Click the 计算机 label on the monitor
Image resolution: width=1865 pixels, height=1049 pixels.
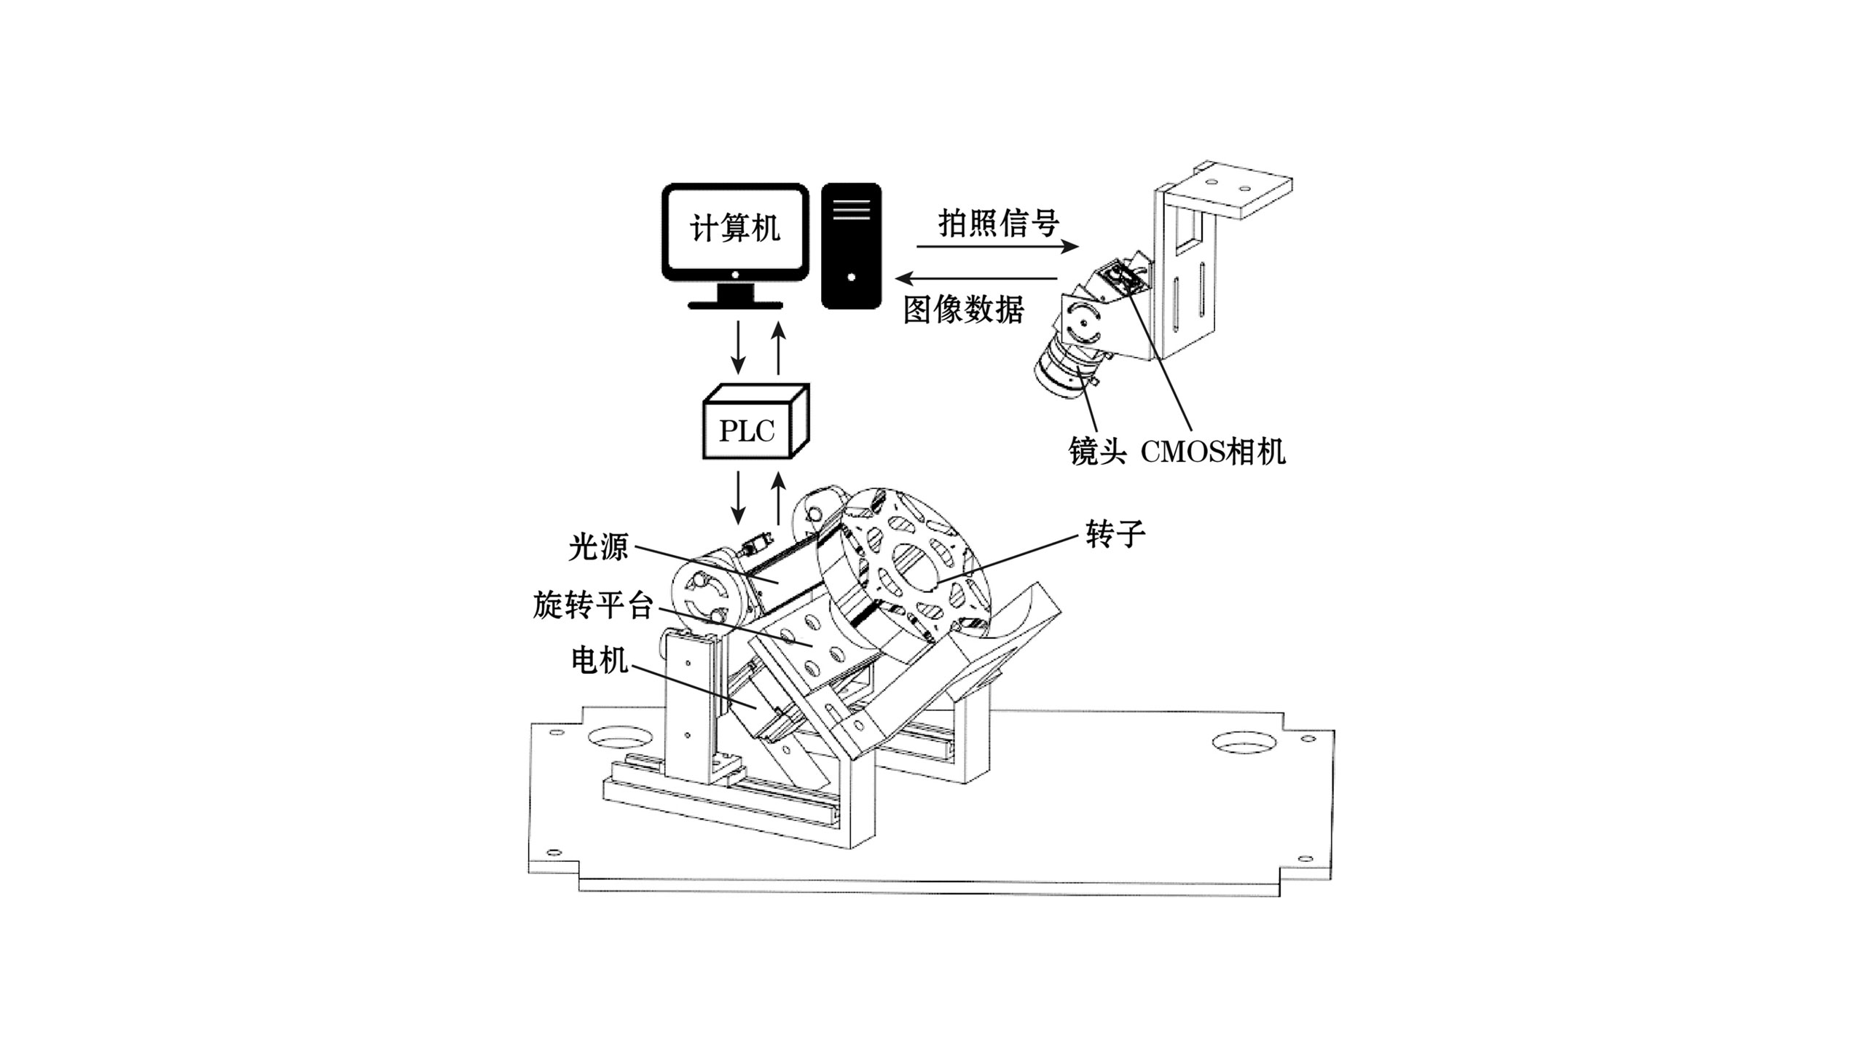tap(735, 229)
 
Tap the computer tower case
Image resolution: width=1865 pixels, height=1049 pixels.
tap(851, 246)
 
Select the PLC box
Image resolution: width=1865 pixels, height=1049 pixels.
tap(755, 420)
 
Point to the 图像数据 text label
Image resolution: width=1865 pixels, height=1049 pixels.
tap(964, 309)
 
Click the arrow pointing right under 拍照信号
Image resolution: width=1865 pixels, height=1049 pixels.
tap(997, 246)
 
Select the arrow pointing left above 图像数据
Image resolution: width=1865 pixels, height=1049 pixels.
tap(977, 278)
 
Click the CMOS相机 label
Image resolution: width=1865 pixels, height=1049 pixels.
tap(1213, 451)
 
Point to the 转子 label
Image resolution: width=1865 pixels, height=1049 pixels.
tap(1115, 534)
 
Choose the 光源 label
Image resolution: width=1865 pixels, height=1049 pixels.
tap(598, 546)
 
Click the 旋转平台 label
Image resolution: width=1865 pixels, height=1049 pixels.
tap(593, 605)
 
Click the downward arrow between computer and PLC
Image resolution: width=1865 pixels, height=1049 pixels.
tap(739, 347)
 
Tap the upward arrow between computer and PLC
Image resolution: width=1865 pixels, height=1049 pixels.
tap(779, 347)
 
